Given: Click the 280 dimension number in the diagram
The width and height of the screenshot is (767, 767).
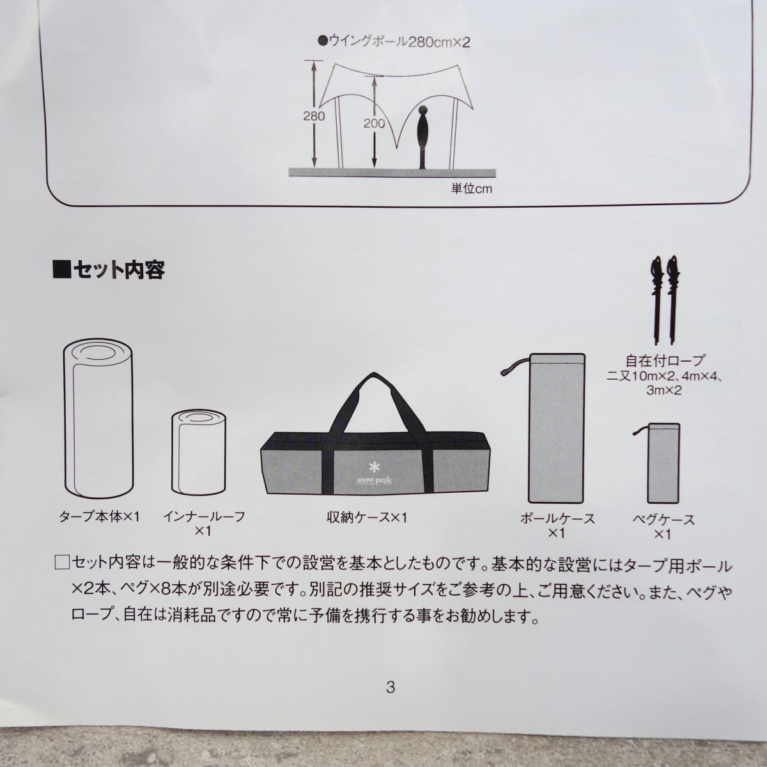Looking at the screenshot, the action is tap(314, 116).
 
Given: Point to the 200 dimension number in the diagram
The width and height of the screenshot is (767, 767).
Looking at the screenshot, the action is tap(374, 123).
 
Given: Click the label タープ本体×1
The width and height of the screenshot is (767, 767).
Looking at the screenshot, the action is tap(100, 517).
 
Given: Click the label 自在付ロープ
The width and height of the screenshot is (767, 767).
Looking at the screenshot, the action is tap(665, 360).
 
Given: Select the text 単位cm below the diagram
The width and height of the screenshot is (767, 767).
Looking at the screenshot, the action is tap(472, 189).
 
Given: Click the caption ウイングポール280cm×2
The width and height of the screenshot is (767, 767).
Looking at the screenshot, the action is tap(394, 42).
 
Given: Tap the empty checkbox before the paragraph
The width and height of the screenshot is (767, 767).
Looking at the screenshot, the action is tap(62, 564).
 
